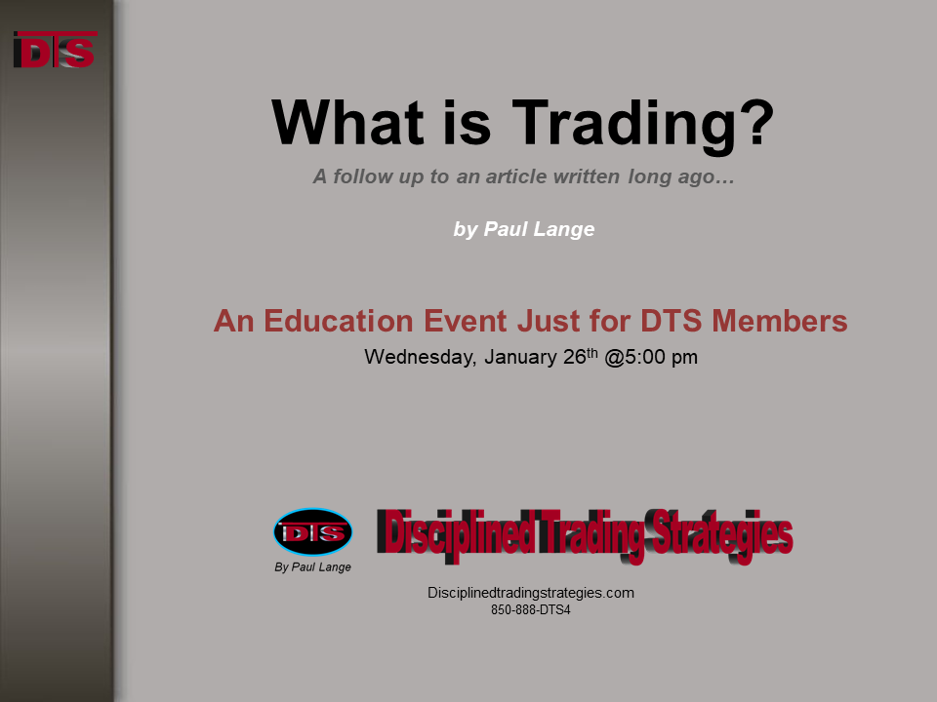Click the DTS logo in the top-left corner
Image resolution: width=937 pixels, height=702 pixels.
coord(55,50)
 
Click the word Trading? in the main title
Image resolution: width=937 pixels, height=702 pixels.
coord(643,124)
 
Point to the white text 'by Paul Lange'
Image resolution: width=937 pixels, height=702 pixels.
coord(524,229)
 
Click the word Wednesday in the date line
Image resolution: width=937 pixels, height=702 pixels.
coord(420,357)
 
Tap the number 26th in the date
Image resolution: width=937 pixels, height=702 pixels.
coord(580,357)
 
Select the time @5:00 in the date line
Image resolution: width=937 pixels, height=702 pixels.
coord(634,357)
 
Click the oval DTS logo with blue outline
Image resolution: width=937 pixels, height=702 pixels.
coord(313,532)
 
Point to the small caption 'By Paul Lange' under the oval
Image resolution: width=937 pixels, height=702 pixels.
coord(312,567)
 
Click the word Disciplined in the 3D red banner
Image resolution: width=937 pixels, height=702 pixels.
coord(456,533)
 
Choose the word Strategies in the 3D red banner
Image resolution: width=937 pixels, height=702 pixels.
coord(722,535)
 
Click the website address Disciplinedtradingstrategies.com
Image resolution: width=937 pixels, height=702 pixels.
coord(531,593)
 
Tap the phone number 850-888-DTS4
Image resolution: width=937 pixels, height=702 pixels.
coord(531,610)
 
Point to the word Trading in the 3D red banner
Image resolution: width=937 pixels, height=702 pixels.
coord(592,535)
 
